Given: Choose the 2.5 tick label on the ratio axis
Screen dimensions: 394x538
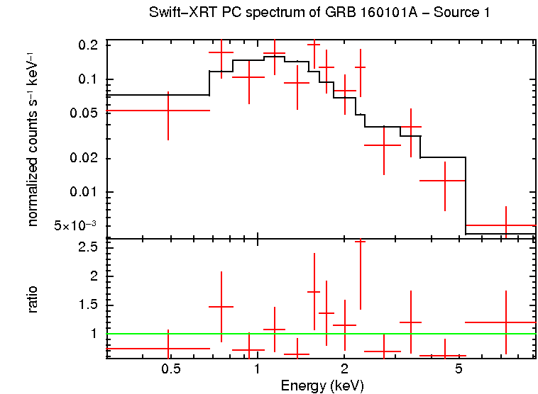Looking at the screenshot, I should [89, 247].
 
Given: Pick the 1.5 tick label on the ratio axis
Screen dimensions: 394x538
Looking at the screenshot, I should [89, 305].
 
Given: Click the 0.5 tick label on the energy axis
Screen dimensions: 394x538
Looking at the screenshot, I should [170, 369].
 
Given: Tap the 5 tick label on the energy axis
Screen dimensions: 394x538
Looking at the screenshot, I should [459, 369].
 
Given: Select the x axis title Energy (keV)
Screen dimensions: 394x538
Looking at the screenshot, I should [322, 386].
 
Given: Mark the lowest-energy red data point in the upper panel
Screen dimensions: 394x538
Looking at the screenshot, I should [168, 111].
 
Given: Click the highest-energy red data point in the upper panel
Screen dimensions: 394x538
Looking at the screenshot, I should [505, 225].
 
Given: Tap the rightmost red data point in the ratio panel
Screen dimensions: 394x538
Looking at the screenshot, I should [505, 322].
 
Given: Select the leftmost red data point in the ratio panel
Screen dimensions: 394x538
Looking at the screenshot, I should [168, 349].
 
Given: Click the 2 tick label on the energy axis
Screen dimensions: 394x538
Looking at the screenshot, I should [344, 369].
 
